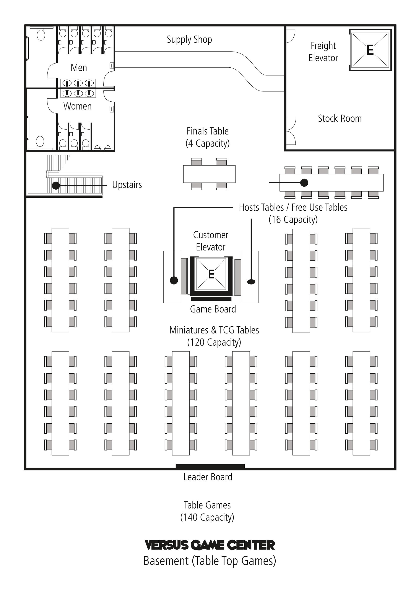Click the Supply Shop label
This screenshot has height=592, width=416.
pyautogui.click(x=189, y=40)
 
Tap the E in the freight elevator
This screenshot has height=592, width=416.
pyautogui.click(x=370, y=50)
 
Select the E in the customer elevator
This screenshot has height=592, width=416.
pyautogui.click(x=211, y=274)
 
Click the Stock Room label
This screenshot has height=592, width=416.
pyautogui.click(x=340, y=118)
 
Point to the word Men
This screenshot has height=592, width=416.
pyautogui.click(x=79, y=68)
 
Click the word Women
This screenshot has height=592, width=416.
pyautogui.click(x=77, y=106)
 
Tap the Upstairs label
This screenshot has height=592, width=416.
pyautogui.click(x=127, y=185)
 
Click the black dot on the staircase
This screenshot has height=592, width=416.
pyautogui.click(x=56, y=185)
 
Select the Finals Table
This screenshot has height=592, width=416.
pyautogui.click(x=209, y=174)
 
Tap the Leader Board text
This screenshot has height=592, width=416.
pyautogui.click(x=208, y=477)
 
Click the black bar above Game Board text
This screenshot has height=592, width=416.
pyautogui.click(x=211, y=299)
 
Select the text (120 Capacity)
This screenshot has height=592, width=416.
pyautogui.click(x=214, y=342)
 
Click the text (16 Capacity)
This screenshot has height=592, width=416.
pyautogui.click(x=293, y=220)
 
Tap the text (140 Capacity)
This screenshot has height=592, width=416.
pyautogui.click(x=207, y=517)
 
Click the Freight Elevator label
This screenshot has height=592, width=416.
pyautogui.click(x=323, y=52)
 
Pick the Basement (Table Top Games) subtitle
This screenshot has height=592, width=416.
pyautogui.click(x=210, y=561)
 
